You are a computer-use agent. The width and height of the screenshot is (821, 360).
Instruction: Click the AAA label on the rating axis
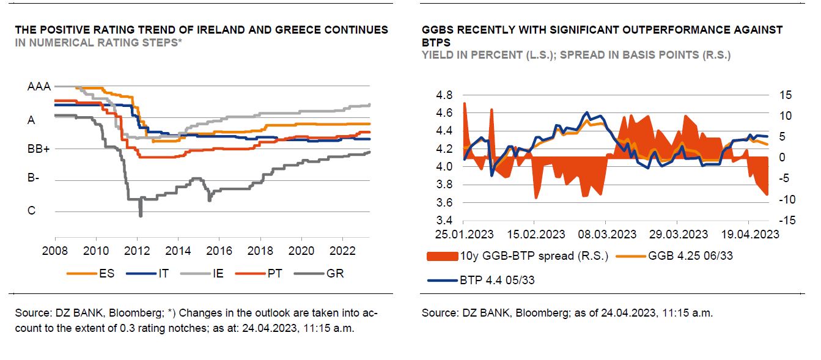pyautogui.click(x=39, y=87)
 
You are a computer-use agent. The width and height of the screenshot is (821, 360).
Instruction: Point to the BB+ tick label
pyautogui.click(x=39, y=149)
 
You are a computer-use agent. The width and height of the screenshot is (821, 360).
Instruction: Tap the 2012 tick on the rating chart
pyautogui.click(x=137, y=251)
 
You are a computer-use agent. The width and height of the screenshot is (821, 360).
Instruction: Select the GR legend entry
pyautogui.click(x=336, y=273)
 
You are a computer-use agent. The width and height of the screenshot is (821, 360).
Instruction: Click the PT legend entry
pyautogui.click(x=275, y=273)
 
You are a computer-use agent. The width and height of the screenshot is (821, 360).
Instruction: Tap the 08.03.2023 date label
pyautogui.click(x=605, y=235)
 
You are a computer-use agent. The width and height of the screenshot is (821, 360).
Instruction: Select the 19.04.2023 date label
pyautogui.click(x=749, y=235)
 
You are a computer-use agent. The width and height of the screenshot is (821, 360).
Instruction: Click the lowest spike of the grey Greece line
pyautogui.click(x=141, y=215)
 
